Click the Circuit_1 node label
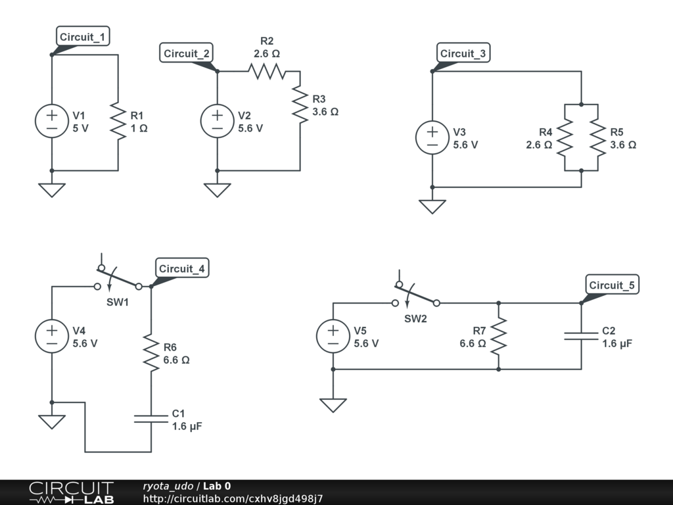(x=83, y=37)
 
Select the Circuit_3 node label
(x=463, y=53)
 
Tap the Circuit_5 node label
(x=612, y=285)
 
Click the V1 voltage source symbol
(x=52, y=121)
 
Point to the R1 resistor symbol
(x=118, y=121)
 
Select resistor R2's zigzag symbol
(x=267, y=71)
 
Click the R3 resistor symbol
(x=300, y=105)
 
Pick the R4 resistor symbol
(x=565, y=137)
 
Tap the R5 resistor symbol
(x=598, y=137)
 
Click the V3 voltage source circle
(x=432, y=137)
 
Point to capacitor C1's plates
(x=151, y=419)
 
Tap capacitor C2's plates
(x=581, y=336)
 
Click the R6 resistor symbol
(x=151, y=353)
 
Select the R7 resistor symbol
(x=498, y=336)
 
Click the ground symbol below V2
(x=217, y=190)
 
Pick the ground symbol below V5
(x=333, y=405)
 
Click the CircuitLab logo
(x=71, y=492)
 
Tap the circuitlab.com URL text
(x=233, y=498)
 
